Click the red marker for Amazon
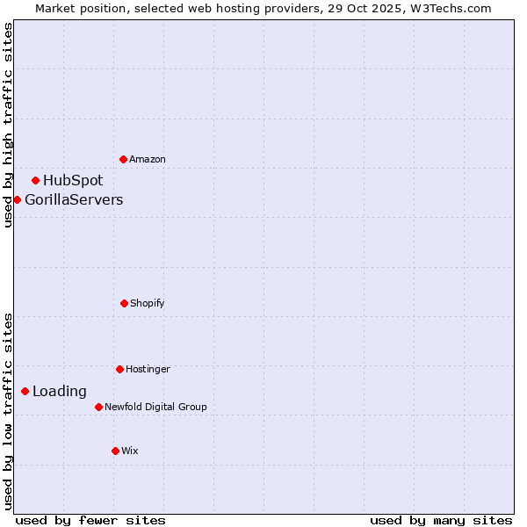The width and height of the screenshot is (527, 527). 124,159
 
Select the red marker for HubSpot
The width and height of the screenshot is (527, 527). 36,180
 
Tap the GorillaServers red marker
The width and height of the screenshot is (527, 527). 17,199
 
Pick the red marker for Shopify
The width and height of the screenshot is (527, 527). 124,303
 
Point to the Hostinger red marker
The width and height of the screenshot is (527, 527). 119,369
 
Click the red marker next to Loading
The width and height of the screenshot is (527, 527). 25,391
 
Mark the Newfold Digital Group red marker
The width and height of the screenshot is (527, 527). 98,407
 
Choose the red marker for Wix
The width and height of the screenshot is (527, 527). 115,451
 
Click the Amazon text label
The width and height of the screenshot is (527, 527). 148,160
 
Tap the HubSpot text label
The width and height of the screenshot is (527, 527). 73,181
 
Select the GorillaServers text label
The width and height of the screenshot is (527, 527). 74,200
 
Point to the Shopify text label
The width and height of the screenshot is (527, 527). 148,304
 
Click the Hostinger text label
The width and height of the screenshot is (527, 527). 148,370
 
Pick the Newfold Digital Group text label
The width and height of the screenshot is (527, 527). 155,408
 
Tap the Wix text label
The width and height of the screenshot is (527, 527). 130,451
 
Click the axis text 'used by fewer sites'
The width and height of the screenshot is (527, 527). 90,520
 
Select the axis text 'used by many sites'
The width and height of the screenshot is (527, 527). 441,520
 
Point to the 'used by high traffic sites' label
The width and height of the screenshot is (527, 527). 8,125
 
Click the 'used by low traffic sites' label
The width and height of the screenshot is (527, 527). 8,411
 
